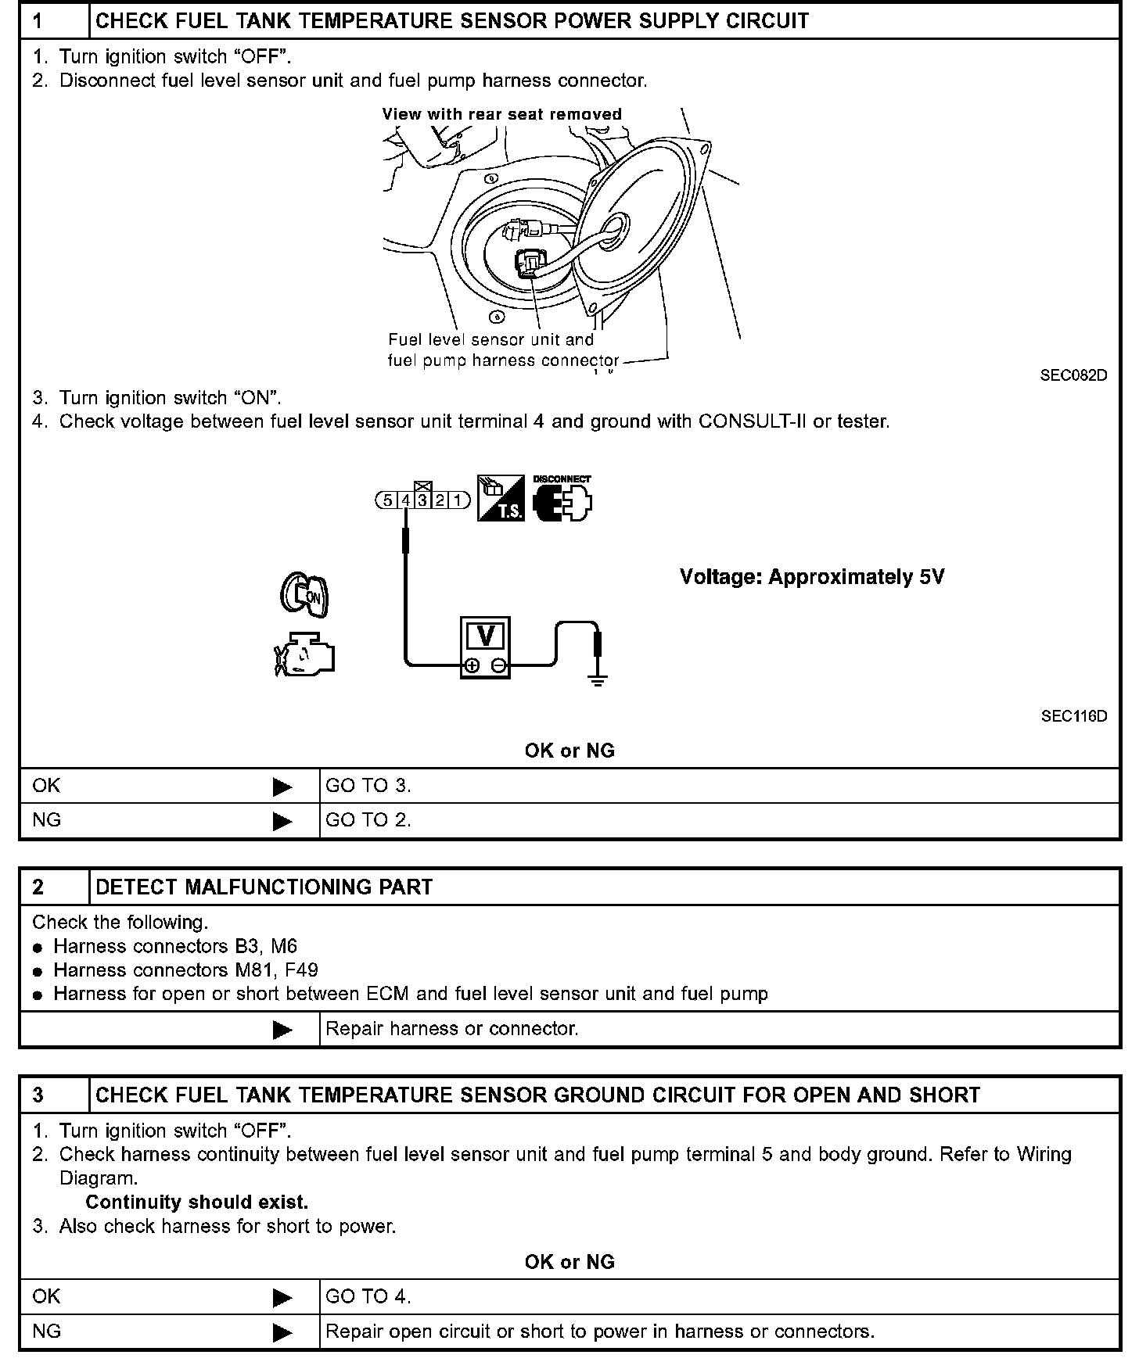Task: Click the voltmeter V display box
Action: pyautogui.click(x=486, y=636)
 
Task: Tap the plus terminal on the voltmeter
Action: pyautogui.click(x=472, y=666)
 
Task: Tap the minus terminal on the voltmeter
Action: pyautogui.click(x=499, y=666)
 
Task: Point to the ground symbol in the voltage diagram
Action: pyautogui.click(x=598, y=679)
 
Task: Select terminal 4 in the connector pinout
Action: pyautogui.click(x=406, y=500)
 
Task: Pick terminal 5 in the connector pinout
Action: pyautogui.click(x=388, y=500)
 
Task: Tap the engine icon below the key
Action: pyautogui.click(x=304, y=654)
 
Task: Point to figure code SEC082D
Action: pyautogui.click(x=1073, y=375)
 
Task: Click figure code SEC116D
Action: pyautogui.click(x=1073, y=716)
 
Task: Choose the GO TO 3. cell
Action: pyautogui.click(x=368, y=786)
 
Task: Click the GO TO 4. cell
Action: pyautogui.click(x=368, y=1296)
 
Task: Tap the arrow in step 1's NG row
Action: pyautogui.click(x=282, y=821)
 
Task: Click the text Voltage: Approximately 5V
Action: pyautogui.click(x=812, y=577)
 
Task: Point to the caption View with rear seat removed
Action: pyautogui.click(x=501, y=114)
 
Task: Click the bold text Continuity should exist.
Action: pyautogui.click(x=197, y=1202)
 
